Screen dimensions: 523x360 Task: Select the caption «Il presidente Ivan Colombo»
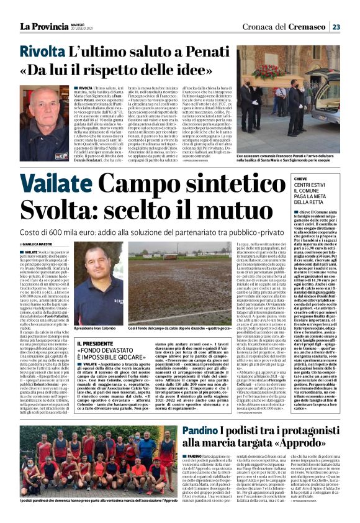click(x=97, y=328)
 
